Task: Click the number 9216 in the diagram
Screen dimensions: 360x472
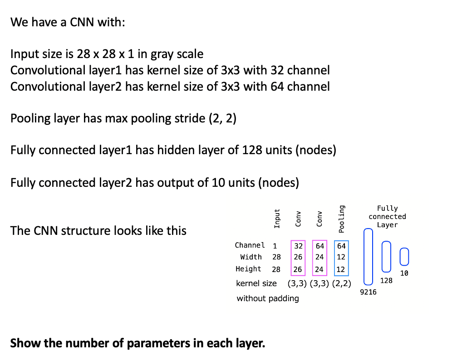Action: click(x=368, y=292)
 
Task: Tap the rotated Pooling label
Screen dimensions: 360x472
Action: click(x=342, y=218)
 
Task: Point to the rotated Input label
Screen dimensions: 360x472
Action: click(x=276, y=219)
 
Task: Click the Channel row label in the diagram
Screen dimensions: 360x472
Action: click(x=250, y=245)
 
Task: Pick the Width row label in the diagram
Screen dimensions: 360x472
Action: click(x=251, y=257)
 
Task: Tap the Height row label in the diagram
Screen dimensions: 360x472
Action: click(x=248, y=269)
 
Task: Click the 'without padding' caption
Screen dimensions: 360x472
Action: click(x=268, y=298)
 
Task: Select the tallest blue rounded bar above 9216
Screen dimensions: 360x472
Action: click(x=368, y=256)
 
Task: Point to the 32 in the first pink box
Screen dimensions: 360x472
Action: click(x=298, y=246)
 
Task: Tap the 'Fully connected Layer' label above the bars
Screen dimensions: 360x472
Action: click(x=387, y=217)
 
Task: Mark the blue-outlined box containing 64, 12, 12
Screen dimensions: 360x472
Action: click(x=341, y=258)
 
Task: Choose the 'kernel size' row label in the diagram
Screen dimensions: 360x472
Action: click(x=256, y=283)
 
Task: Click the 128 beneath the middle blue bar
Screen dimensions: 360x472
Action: click(x=386, y=281)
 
